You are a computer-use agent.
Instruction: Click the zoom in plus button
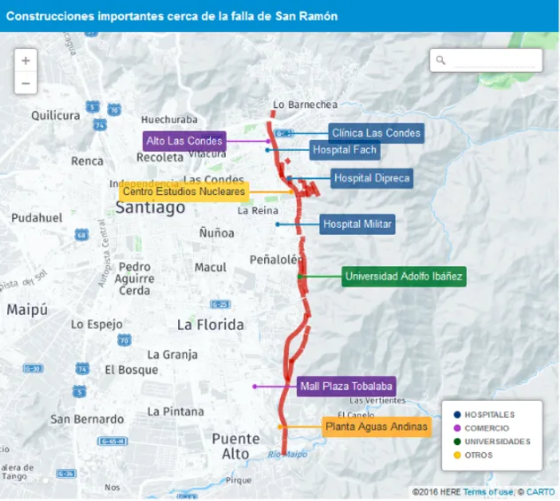26,61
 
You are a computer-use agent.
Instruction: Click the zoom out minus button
26,83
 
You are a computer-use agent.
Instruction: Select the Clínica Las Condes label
376,133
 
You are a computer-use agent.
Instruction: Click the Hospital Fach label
345,150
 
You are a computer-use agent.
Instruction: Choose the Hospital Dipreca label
371,178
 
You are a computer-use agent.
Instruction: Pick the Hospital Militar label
357,224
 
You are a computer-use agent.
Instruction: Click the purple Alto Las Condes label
184,141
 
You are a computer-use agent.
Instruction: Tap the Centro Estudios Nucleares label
183,192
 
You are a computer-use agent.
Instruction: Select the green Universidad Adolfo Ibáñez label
403,277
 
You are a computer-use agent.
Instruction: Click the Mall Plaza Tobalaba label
346,387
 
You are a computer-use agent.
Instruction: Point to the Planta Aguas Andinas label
376,427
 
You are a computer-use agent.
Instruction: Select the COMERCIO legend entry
486,428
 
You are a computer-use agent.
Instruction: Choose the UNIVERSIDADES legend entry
496,442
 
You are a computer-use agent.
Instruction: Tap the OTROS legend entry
478,455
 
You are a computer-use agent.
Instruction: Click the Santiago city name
151,208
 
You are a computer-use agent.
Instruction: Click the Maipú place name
27,309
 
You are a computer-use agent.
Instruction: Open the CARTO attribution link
541,492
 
